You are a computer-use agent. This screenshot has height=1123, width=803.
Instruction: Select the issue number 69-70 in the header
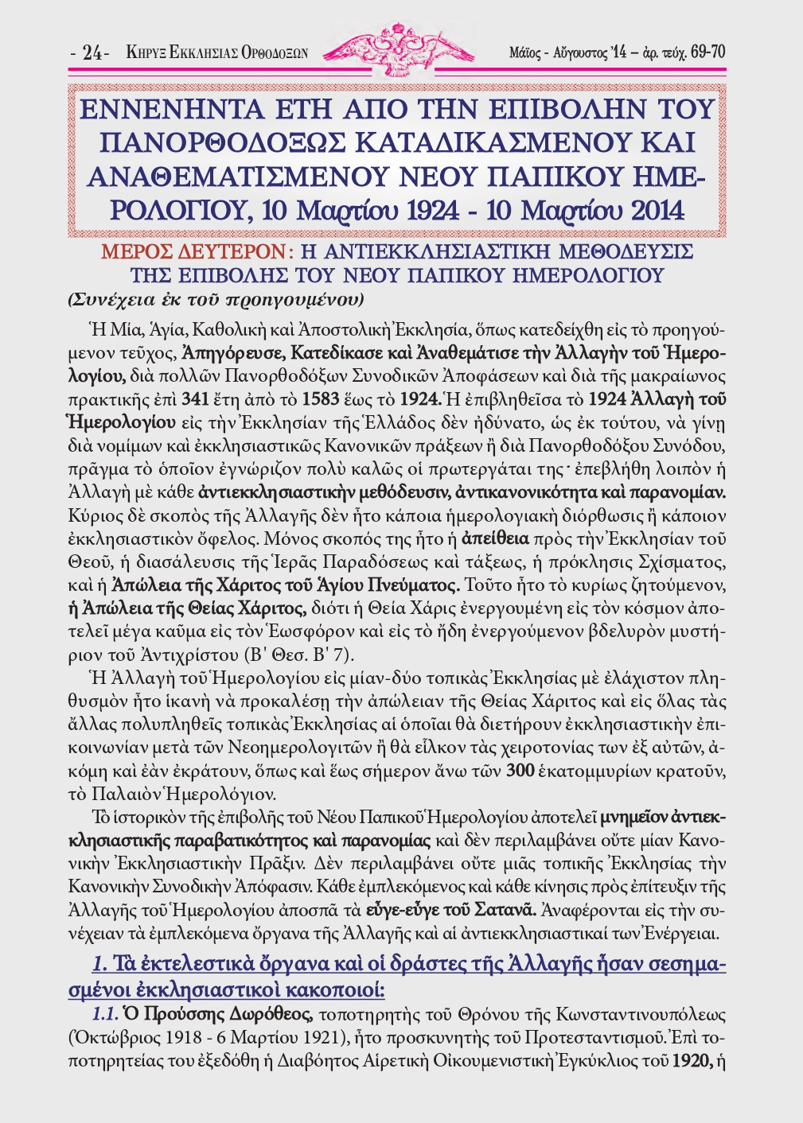click(x=707, y=52)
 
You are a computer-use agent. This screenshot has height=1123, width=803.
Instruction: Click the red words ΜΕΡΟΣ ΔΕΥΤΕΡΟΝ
click(x=192, y=253)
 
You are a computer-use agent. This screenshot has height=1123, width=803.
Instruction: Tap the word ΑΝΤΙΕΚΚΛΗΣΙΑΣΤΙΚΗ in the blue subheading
click(x=453, y=253)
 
